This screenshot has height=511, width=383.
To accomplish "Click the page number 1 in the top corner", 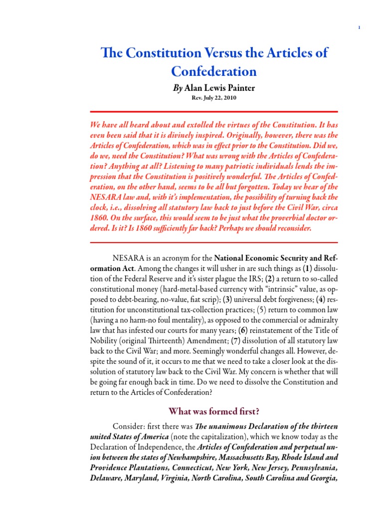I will (x=360, y=27).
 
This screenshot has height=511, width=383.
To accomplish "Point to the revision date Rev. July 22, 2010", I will (x=214, y=98).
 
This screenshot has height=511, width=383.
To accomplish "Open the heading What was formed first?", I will (x=214, y=411).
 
